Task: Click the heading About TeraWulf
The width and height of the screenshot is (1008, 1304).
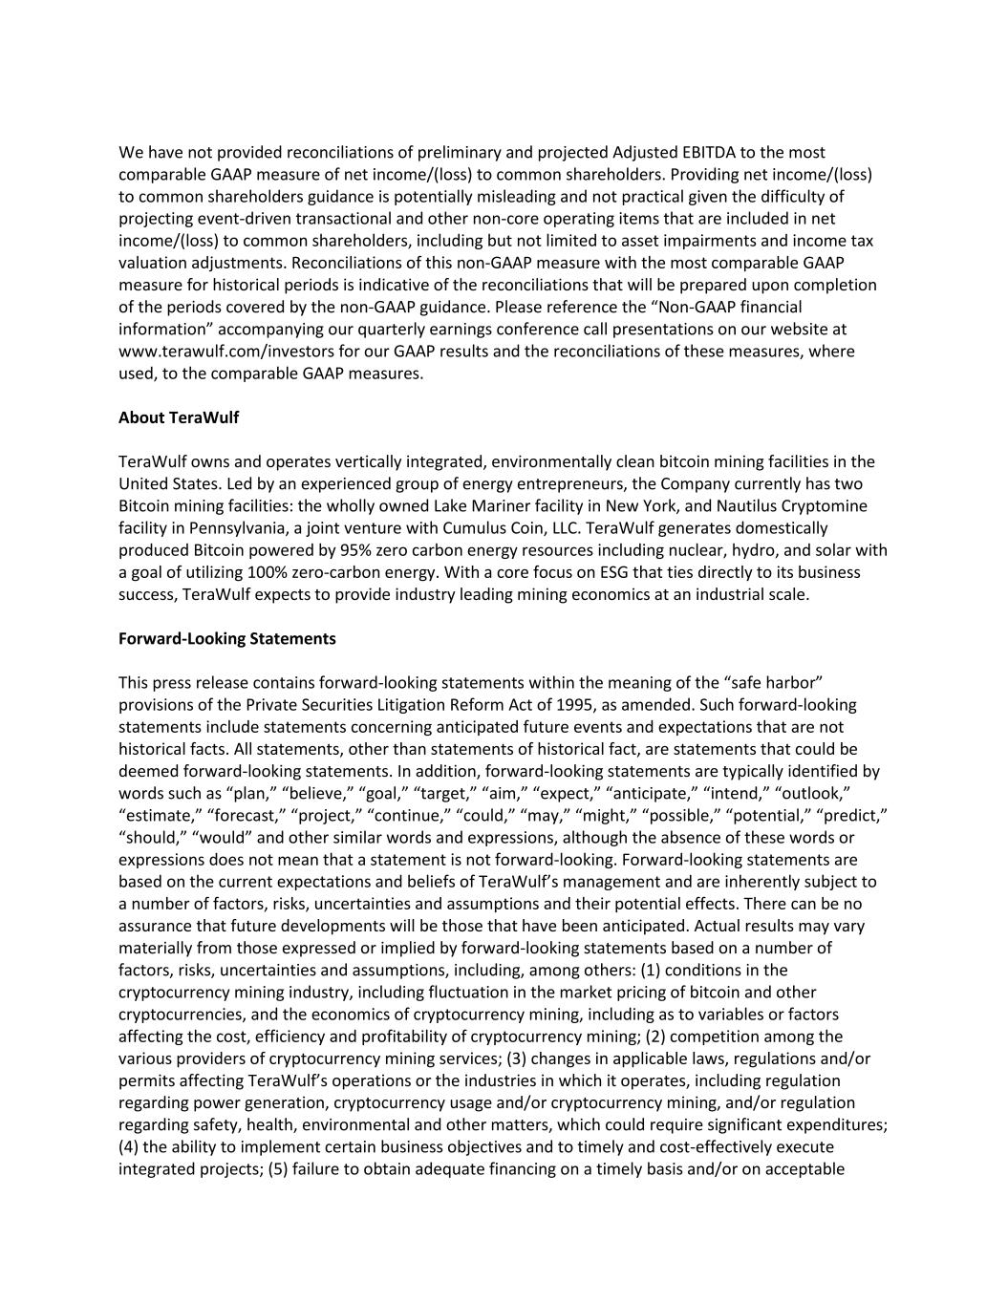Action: [x=179, y=417]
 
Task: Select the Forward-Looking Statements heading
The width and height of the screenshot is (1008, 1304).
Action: [x=227, y=637]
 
